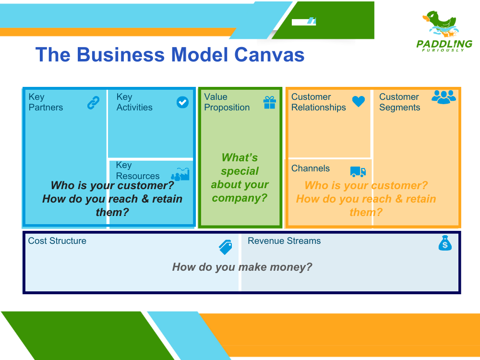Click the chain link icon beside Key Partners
93,103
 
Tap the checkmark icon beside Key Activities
182,102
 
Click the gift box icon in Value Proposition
270,102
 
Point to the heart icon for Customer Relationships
358,101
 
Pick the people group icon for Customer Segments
444,97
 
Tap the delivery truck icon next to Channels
358,171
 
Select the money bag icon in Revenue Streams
445,243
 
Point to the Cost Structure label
57,241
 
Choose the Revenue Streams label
284,241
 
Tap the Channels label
311,168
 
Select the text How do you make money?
242,267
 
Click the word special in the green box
240,171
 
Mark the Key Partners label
46,102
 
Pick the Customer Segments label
399,102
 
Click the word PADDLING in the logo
444,44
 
